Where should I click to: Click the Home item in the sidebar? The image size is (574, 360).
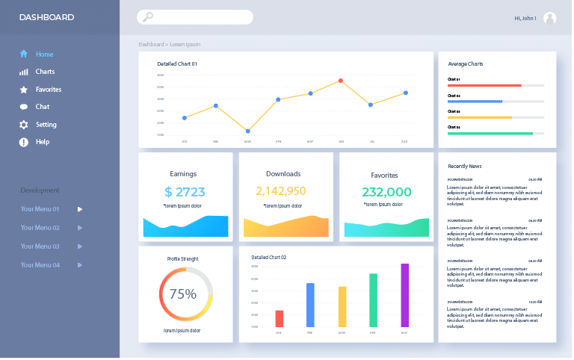click(x=43, y=54)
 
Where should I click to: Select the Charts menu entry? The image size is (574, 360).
click(x=45, y=72)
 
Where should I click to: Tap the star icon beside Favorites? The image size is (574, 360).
click(x=24, y=90)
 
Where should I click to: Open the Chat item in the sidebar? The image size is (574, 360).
click(x=42, y=107)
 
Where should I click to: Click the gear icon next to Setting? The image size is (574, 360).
click(x=24, y=125)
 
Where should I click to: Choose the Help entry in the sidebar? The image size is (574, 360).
click(x=42, y=142)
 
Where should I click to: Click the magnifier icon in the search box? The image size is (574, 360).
click(x=148, y=17)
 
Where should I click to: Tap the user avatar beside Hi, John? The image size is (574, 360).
click(x=549, y=18)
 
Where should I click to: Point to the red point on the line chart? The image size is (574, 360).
click(x=341, y=81)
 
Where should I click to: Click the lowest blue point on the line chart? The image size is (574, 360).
click(x=247, y=131)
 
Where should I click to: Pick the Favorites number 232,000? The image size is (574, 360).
click(x=386, y=192)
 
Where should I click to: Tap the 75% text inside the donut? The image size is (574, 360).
click(x=183, y=294)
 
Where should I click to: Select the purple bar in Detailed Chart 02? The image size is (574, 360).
click(x=404, y=295)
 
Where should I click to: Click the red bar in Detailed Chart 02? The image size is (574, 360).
click(x=279, y=318)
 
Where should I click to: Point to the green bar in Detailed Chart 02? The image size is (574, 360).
click(x=373, y=300)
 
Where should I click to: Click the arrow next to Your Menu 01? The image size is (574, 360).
click(x=80, y=209)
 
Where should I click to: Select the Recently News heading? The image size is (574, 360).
click(x=464, y=166)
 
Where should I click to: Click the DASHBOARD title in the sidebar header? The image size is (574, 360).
click(x=46, y=17)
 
